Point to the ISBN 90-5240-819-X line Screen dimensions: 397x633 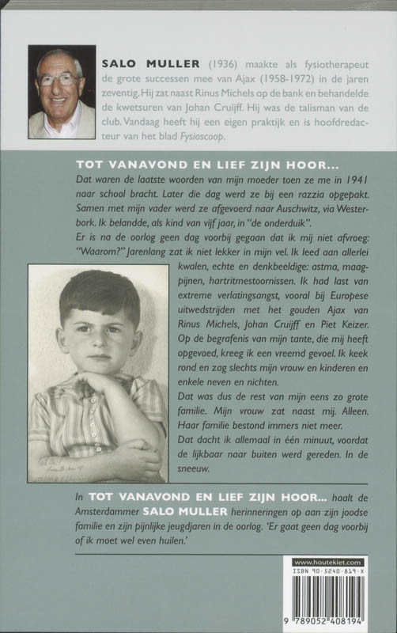tap(337, 573)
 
